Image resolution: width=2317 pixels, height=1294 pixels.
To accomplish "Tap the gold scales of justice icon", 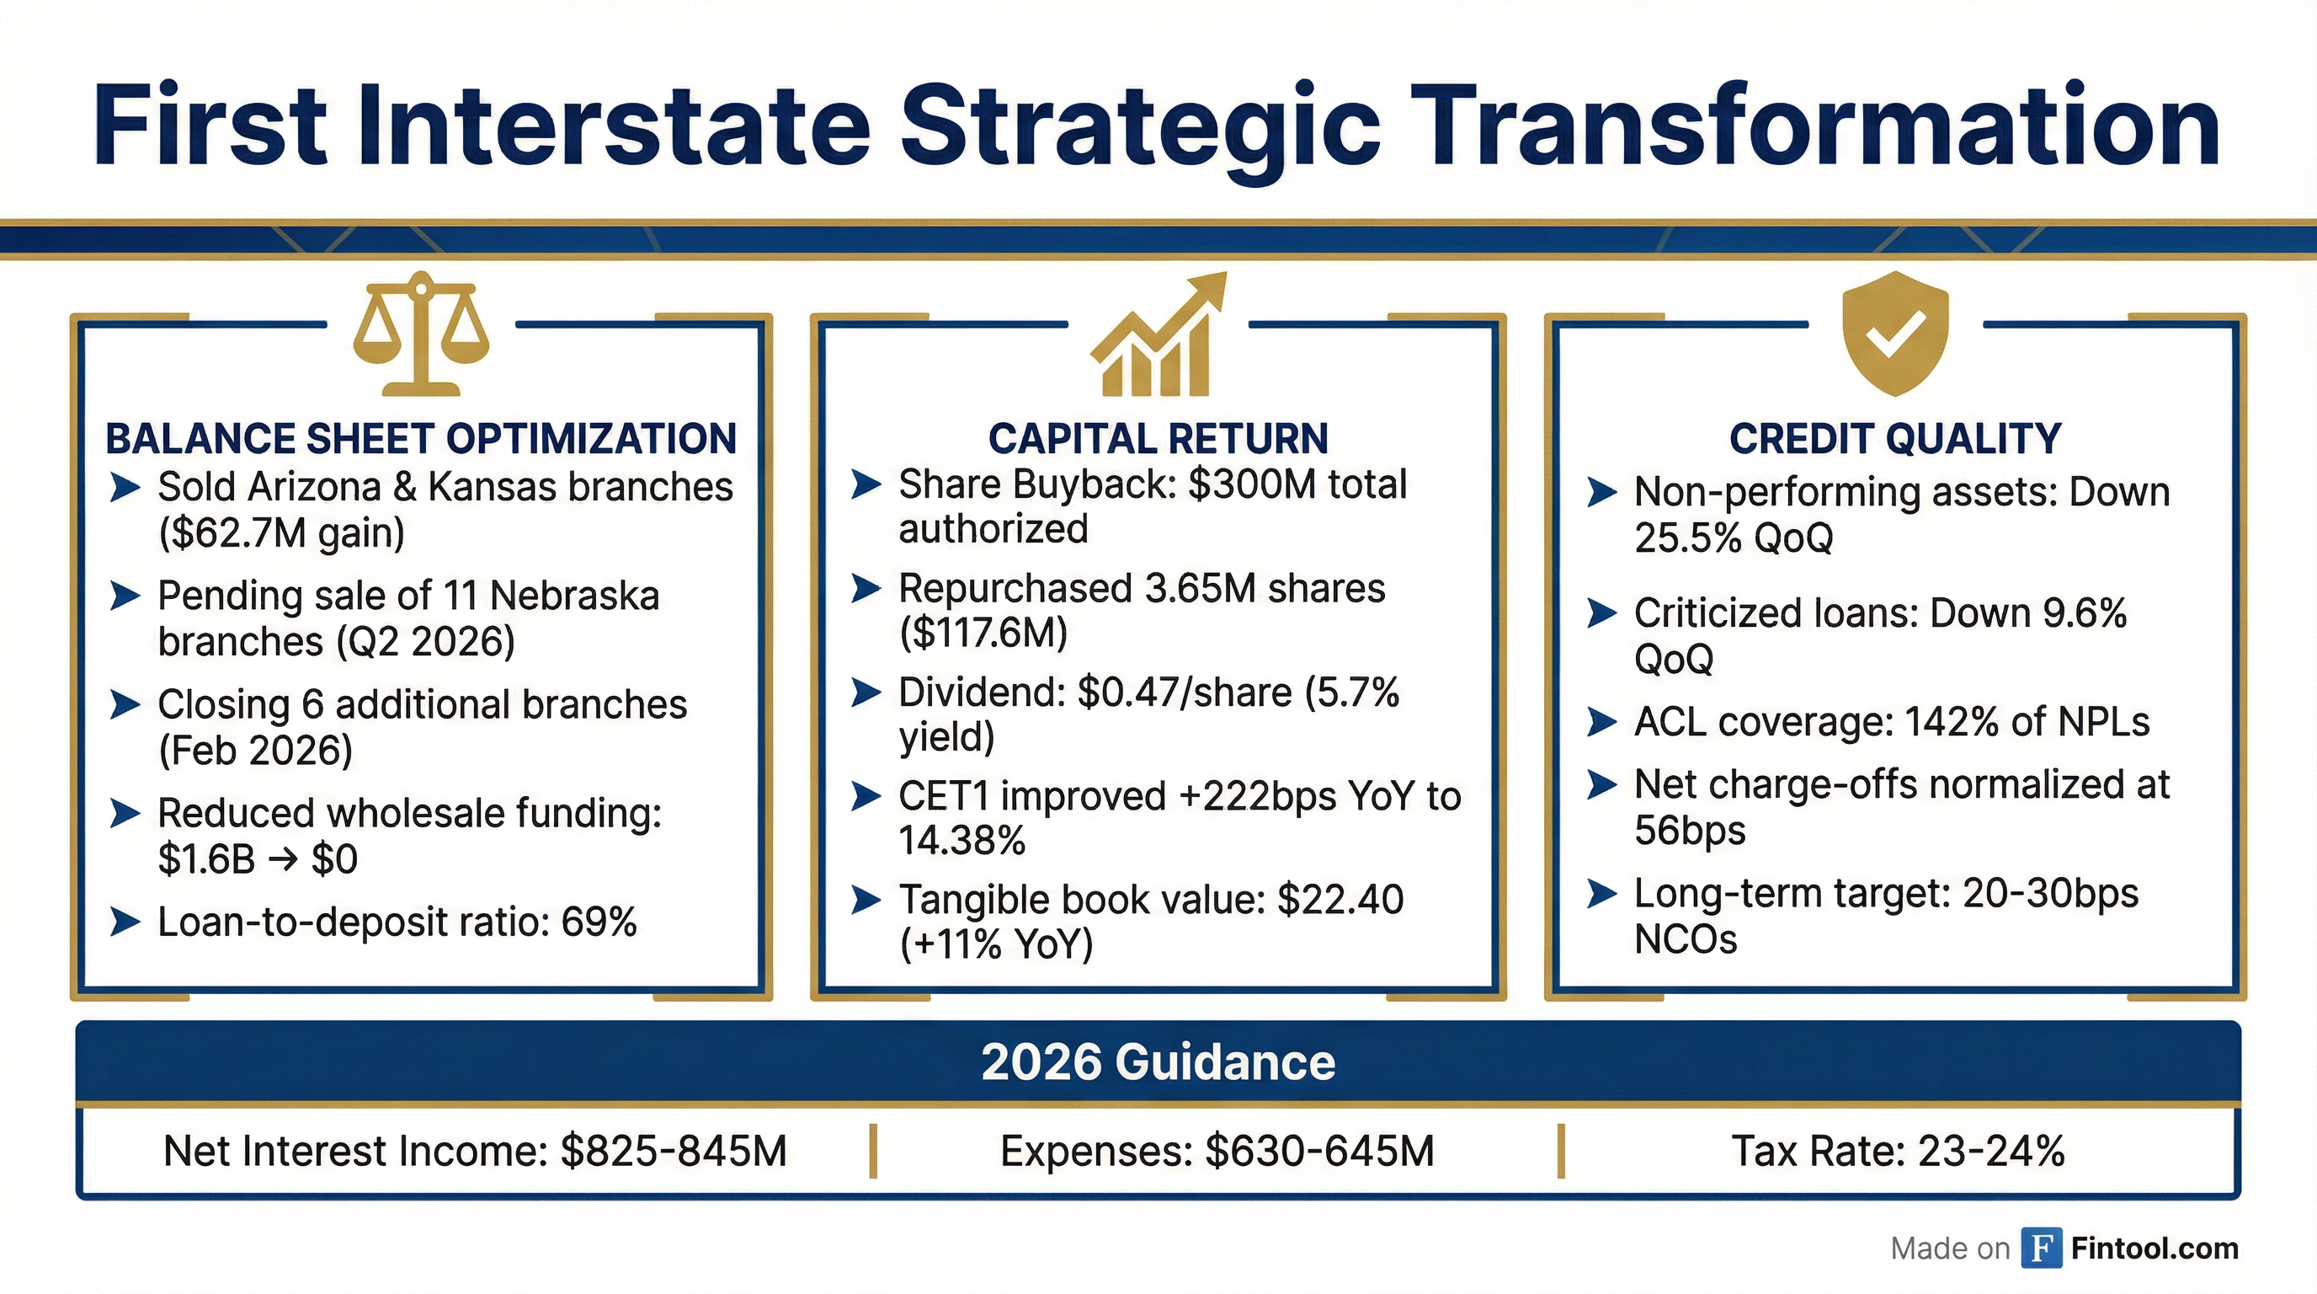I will click(x=421, y=334).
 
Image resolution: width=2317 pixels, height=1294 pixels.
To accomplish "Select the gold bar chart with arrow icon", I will click(x=1158, y=334).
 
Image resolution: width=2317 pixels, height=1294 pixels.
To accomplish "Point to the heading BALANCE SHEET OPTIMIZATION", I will click(x=421, y=439).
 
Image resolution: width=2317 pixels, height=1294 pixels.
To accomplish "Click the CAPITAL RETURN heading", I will click(x=1158, y=439).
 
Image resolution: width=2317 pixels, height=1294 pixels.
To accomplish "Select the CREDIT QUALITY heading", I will click(x=1895, y=439).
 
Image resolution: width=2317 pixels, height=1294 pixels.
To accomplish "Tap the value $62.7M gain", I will click(x=281, y=533).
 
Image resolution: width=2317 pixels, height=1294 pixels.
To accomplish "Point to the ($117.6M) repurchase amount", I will click(x=983, y=634).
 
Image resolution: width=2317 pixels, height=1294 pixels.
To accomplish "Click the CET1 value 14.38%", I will click(x=961, y=842).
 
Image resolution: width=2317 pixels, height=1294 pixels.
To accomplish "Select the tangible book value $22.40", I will click(x=1340, y=900).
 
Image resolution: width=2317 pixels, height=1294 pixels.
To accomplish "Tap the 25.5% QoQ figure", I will click(x=1734, y=539).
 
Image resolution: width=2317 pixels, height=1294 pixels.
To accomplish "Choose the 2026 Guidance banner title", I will click(x=1158, y=1062).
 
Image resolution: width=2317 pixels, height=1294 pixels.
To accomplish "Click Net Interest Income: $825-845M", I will click(x=475, y=1152).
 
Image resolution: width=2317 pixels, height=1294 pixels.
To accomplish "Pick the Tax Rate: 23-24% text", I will click(x=1898, y=1152).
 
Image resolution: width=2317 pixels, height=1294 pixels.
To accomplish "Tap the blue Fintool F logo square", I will click(x=2042, y=1249).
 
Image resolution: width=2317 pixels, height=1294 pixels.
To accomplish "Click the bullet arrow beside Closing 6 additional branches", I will click(x=125, y=705).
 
